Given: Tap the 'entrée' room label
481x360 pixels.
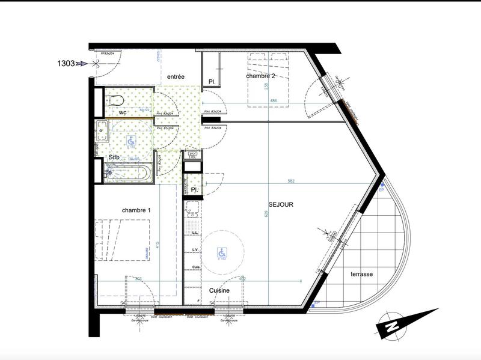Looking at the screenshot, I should tap(176, 76).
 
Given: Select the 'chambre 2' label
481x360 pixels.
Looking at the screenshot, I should tap(260, 76).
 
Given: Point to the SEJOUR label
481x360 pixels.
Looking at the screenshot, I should tap(281, 204).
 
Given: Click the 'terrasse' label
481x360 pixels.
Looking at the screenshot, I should tap(362, 273).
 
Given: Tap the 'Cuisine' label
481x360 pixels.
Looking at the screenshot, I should tap(221, 290).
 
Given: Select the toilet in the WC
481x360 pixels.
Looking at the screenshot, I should tap(115, 100).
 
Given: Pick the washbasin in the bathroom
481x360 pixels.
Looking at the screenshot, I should tap(102, 128).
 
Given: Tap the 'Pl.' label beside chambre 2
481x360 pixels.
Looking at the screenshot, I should tap(212, 82).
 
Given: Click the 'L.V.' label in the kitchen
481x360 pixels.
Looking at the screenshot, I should tap(195, 249).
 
